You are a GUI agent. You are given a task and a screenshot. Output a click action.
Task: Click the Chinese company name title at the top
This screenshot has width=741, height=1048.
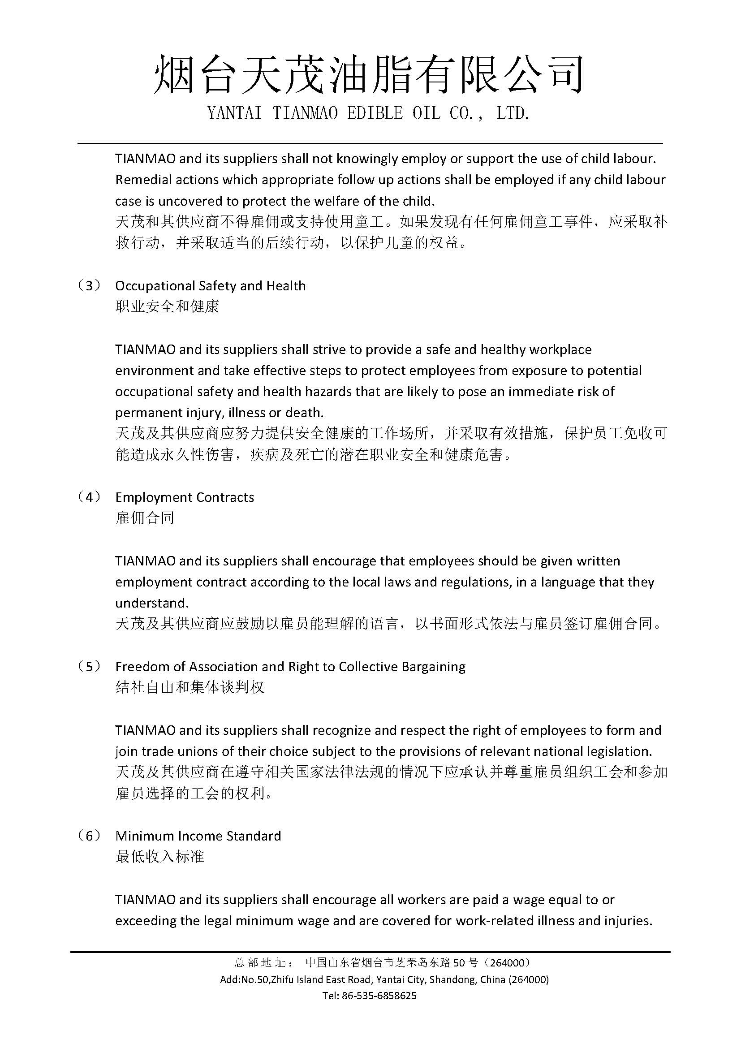369,74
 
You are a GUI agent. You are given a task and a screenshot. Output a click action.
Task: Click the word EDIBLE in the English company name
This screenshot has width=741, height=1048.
375,113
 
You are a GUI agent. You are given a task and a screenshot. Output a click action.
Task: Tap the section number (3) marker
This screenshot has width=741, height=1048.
89,286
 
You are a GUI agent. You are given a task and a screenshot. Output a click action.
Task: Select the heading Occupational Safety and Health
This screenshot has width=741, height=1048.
211,286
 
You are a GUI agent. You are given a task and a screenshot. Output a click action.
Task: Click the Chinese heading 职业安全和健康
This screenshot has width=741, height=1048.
167,306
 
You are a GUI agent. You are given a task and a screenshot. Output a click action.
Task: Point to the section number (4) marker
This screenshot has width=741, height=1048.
89,497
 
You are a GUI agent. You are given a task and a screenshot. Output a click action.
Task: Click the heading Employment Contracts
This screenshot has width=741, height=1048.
184,497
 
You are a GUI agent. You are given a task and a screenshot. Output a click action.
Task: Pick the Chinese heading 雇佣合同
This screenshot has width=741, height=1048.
145,518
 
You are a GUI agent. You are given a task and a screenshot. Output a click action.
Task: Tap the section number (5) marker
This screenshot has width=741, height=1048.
89,666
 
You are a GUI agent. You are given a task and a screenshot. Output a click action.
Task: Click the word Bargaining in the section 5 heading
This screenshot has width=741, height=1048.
433,667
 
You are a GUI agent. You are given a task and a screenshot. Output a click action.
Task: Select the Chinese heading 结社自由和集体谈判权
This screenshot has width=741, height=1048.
190,687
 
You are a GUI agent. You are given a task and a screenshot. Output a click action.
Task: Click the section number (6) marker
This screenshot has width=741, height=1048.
89,836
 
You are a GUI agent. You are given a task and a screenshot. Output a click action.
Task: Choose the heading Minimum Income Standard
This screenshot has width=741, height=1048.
198,836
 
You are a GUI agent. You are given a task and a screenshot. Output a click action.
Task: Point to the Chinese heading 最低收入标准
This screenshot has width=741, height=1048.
159,856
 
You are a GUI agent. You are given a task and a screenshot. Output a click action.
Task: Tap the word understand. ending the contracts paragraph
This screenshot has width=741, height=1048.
151,603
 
